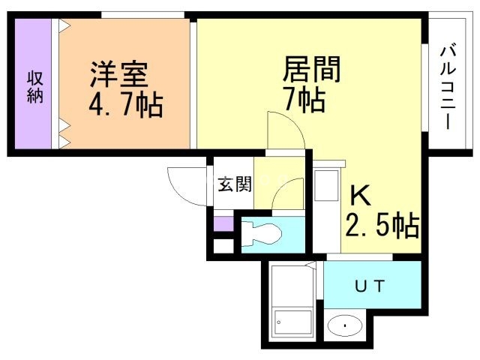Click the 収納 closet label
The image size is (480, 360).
tap(34, 87)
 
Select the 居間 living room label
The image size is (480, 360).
tap(311, 69)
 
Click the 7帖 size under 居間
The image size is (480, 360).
tap(303, 99)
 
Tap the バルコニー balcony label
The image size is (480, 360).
tap(447, 87)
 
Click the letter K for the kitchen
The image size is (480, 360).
tap(360, 196)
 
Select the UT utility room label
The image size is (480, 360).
tap(370, 285)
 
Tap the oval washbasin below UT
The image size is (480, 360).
tap(344, 326)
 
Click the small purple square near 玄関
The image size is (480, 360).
tap(223, 223)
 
